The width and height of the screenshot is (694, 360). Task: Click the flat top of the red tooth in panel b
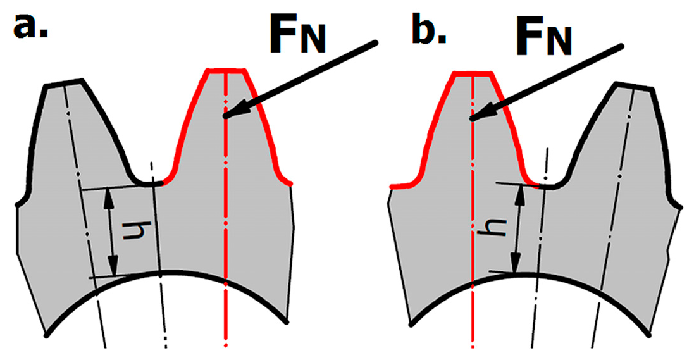point(472,71)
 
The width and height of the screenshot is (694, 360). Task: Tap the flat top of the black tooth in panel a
point(63,83)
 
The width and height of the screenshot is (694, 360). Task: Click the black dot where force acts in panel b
point(471,118)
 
